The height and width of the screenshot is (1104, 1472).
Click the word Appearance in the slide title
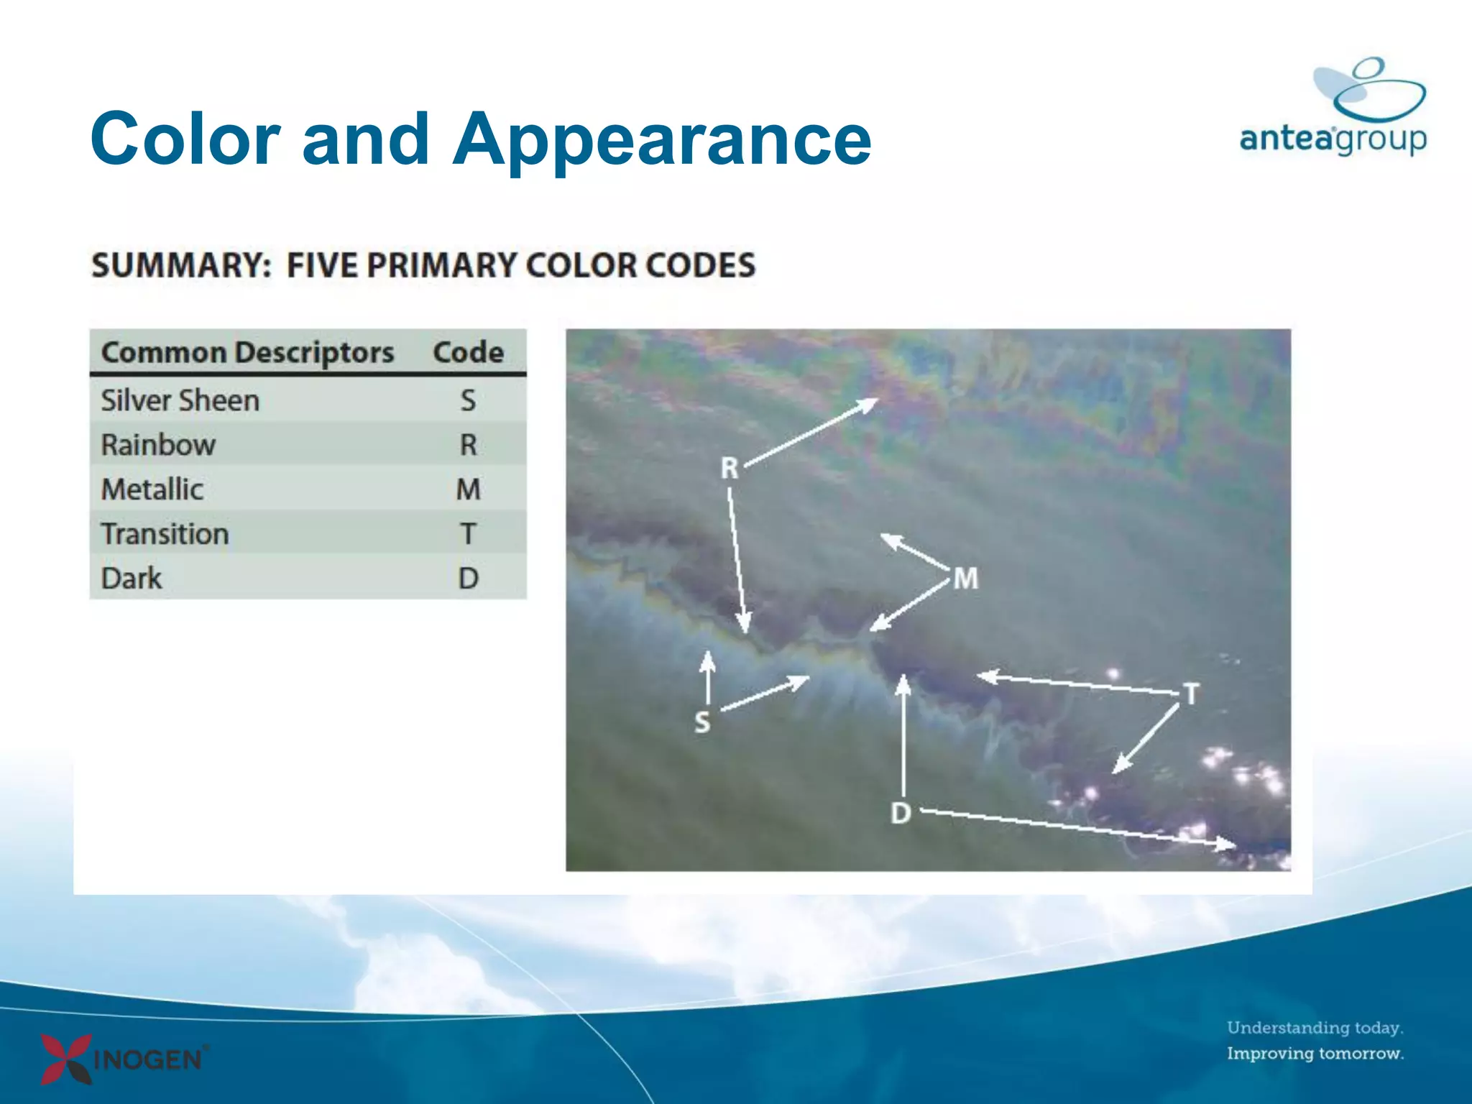tap(661, 140)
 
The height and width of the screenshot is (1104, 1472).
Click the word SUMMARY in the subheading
tap(180, 265)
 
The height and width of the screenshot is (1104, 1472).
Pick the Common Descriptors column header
tap(247, 352)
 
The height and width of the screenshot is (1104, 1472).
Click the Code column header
tap(468, 352)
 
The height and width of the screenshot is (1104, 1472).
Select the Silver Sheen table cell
tap(180, 400)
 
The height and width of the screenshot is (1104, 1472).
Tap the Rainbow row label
tap(158, 445)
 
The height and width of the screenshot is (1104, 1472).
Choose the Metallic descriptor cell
tap(152, 489)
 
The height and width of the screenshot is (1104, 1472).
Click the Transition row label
tap(165, 534)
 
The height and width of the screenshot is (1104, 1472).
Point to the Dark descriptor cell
tap(132, 579)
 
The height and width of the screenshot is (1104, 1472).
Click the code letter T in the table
tap(468, 534)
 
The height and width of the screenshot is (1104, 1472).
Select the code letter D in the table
tap(468, 579)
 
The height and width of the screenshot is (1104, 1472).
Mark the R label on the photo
tap(730, 469)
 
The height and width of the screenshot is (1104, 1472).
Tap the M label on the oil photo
tap(965, 579)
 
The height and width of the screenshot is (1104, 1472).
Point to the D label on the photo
tap(901, 814)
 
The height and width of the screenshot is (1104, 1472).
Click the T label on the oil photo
tap(1191, 694)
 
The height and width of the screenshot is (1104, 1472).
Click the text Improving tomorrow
tap(1315, 1054)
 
